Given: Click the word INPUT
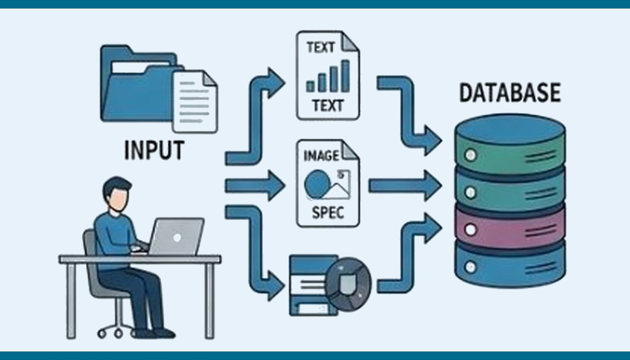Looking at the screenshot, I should point(153,150).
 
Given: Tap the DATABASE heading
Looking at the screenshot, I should point(509,93).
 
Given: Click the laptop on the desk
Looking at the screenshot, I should point(176,237).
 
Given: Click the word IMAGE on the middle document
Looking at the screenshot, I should point(322,156).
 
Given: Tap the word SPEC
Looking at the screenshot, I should point(327,212).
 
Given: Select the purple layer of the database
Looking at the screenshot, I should point(510,227).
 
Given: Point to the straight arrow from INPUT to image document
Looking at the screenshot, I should point(254,185).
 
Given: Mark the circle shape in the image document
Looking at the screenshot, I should point(315,184).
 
